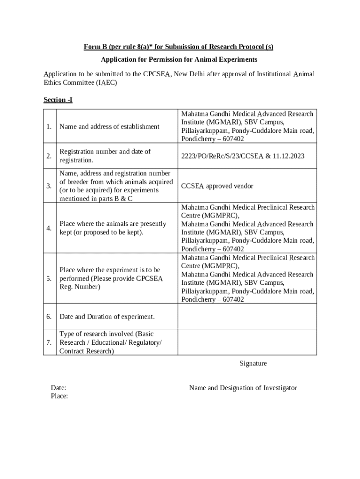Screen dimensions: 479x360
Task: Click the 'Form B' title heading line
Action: point(179,47)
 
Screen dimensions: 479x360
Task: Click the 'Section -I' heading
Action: point(58,100)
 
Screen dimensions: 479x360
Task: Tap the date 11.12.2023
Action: point(288,156)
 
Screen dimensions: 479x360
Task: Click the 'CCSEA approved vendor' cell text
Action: point(217,186)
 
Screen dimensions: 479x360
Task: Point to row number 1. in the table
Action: point(49,126)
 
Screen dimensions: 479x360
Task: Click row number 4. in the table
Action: point(49,228)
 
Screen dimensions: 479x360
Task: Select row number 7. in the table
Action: point(49,343)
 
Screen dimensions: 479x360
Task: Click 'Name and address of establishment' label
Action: point(109,126)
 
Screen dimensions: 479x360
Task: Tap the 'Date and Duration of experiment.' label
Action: point(107,317)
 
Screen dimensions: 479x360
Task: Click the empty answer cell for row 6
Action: point(247,317)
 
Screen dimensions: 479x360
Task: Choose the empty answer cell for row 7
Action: point(247,343)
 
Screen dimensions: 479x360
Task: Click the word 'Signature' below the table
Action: point(253,363)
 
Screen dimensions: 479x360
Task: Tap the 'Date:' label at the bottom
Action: point(58,388)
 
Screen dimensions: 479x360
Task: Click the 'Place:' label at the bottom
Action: point(59,396)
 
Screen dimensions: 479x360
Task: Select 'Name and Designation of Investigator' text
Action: point(243,388)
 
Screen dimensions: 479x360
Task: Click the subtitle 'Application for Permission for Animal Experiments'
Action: point(179,60)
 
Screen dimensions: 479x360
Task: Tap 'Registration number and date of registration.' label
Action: point(105,156)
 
